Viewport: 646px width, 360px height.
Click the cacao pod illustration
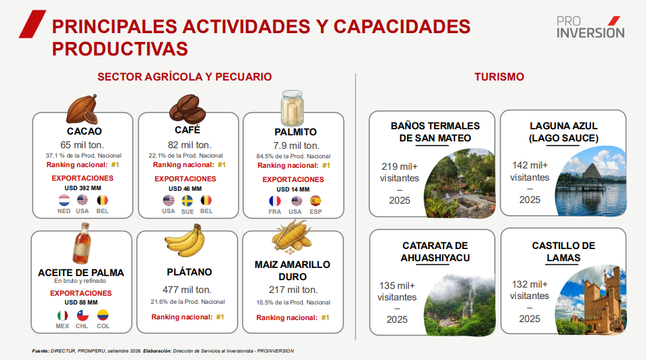(x=83, y=109)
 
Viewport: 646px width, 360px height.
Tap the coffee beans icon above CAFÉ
(x=188, y=109)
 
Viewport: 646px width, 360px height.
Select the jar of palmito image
(x=293, y=108)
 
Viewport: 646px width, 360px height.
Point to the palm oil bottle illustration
(x=82, y=244)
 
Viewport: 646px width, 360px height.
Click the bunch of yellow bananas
(x=186, y=242)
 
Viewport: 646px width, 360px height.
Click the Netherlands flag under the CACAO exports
(x=64, y=200)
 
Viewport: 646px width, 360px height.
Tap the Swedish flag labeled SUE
(x=188, y=200)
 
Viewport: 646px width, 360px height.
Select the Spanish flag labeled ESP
(x=316, y=201)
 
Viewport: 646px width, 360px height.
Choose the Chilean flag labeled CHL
(x=83, y=315)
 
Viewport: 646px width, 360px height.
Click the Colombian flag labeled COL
(x=102, y=315)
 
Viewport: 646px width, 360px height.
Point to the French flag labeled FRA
(x=275, y=201)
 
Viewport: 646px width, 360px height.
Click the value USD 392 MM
(x=83, y=188)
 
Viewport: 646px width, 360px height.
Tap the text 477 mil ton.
(x=187, y=290)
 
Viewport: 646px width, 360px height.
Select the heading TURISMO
(x=499, y=76)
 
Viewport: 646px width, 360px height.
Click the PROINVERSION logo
(x=590, y=27)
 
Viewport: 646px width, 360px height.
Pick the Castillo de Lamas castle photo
(x=590, y=300)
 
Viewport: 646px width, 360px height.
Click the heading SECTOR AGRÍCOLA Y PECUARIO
(x=185, y=76)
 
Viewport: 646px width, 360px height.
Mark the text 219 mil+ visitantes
(x=400, y=172)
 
